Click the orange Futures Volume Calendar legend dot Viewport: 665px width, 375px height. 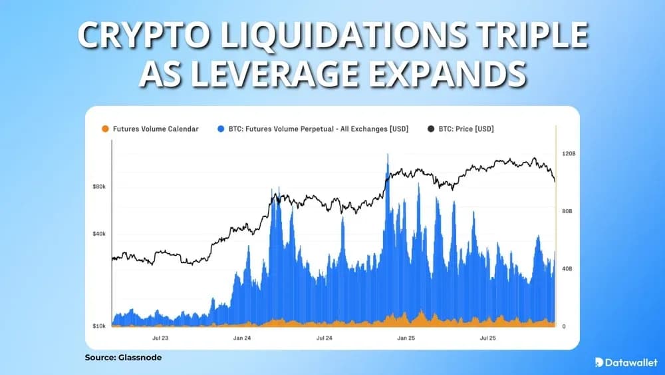[104, 129]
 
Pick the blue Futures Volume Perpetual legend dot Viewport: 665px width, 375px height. [220, 129]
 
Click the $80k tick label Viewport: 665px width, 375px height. [99, 187]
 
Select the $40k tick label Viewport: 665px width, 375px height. [99, 234]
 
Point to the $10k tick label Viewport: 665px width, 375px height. [99, 326]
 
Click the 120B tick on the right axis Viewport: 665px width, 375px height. [568, 154]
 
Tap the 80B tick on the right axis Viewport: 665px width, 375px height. [567, 211]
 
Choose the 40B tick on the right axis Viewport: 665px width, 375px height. [567, 268]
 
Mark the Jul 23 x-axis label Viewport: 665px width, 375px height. [160, 338]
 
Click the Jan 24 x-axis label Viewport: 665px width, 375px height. [242, 338]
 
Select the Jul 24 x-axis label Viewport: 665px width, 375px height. [324, 338]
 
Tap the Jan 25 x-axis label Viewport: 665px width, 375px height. [406, 338]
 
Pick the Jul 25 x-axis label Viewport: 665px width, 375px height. [488, 338]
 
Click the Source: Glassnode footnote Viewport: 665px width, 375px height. [123, 358]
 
